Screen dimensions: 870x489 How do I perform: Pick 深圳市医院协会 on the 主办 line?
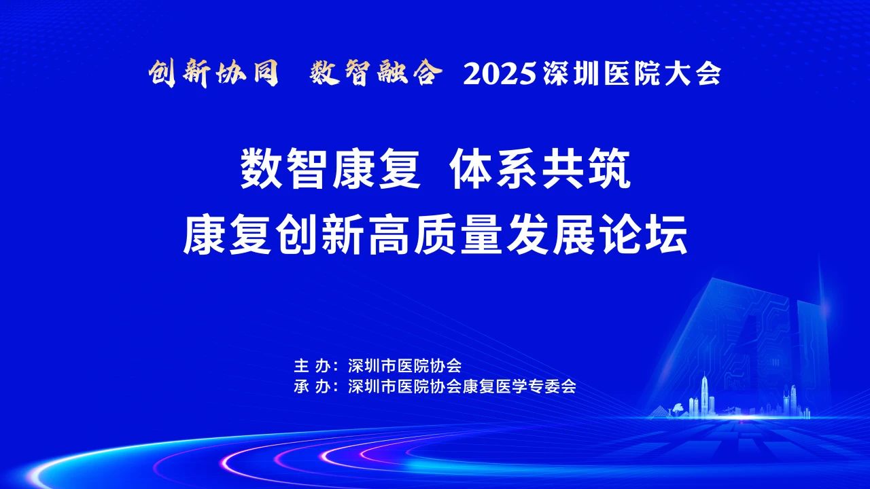(x=404, y=365)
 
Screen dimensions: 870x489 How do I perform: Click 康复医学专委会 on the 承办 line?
(x=519, y=386)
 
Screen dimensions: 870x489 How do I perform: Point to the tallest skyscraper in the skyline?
(x=704, y=395)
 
